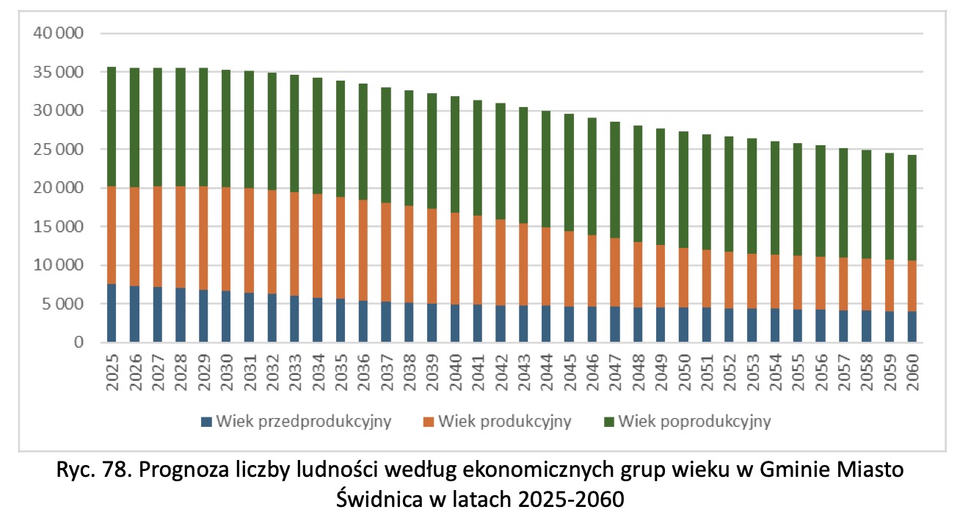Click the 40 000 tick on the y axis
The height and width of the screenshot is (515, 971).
click(x=59, y=34)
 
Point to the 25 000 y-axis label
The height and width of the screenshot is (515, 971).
click(x=59, y=150)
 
